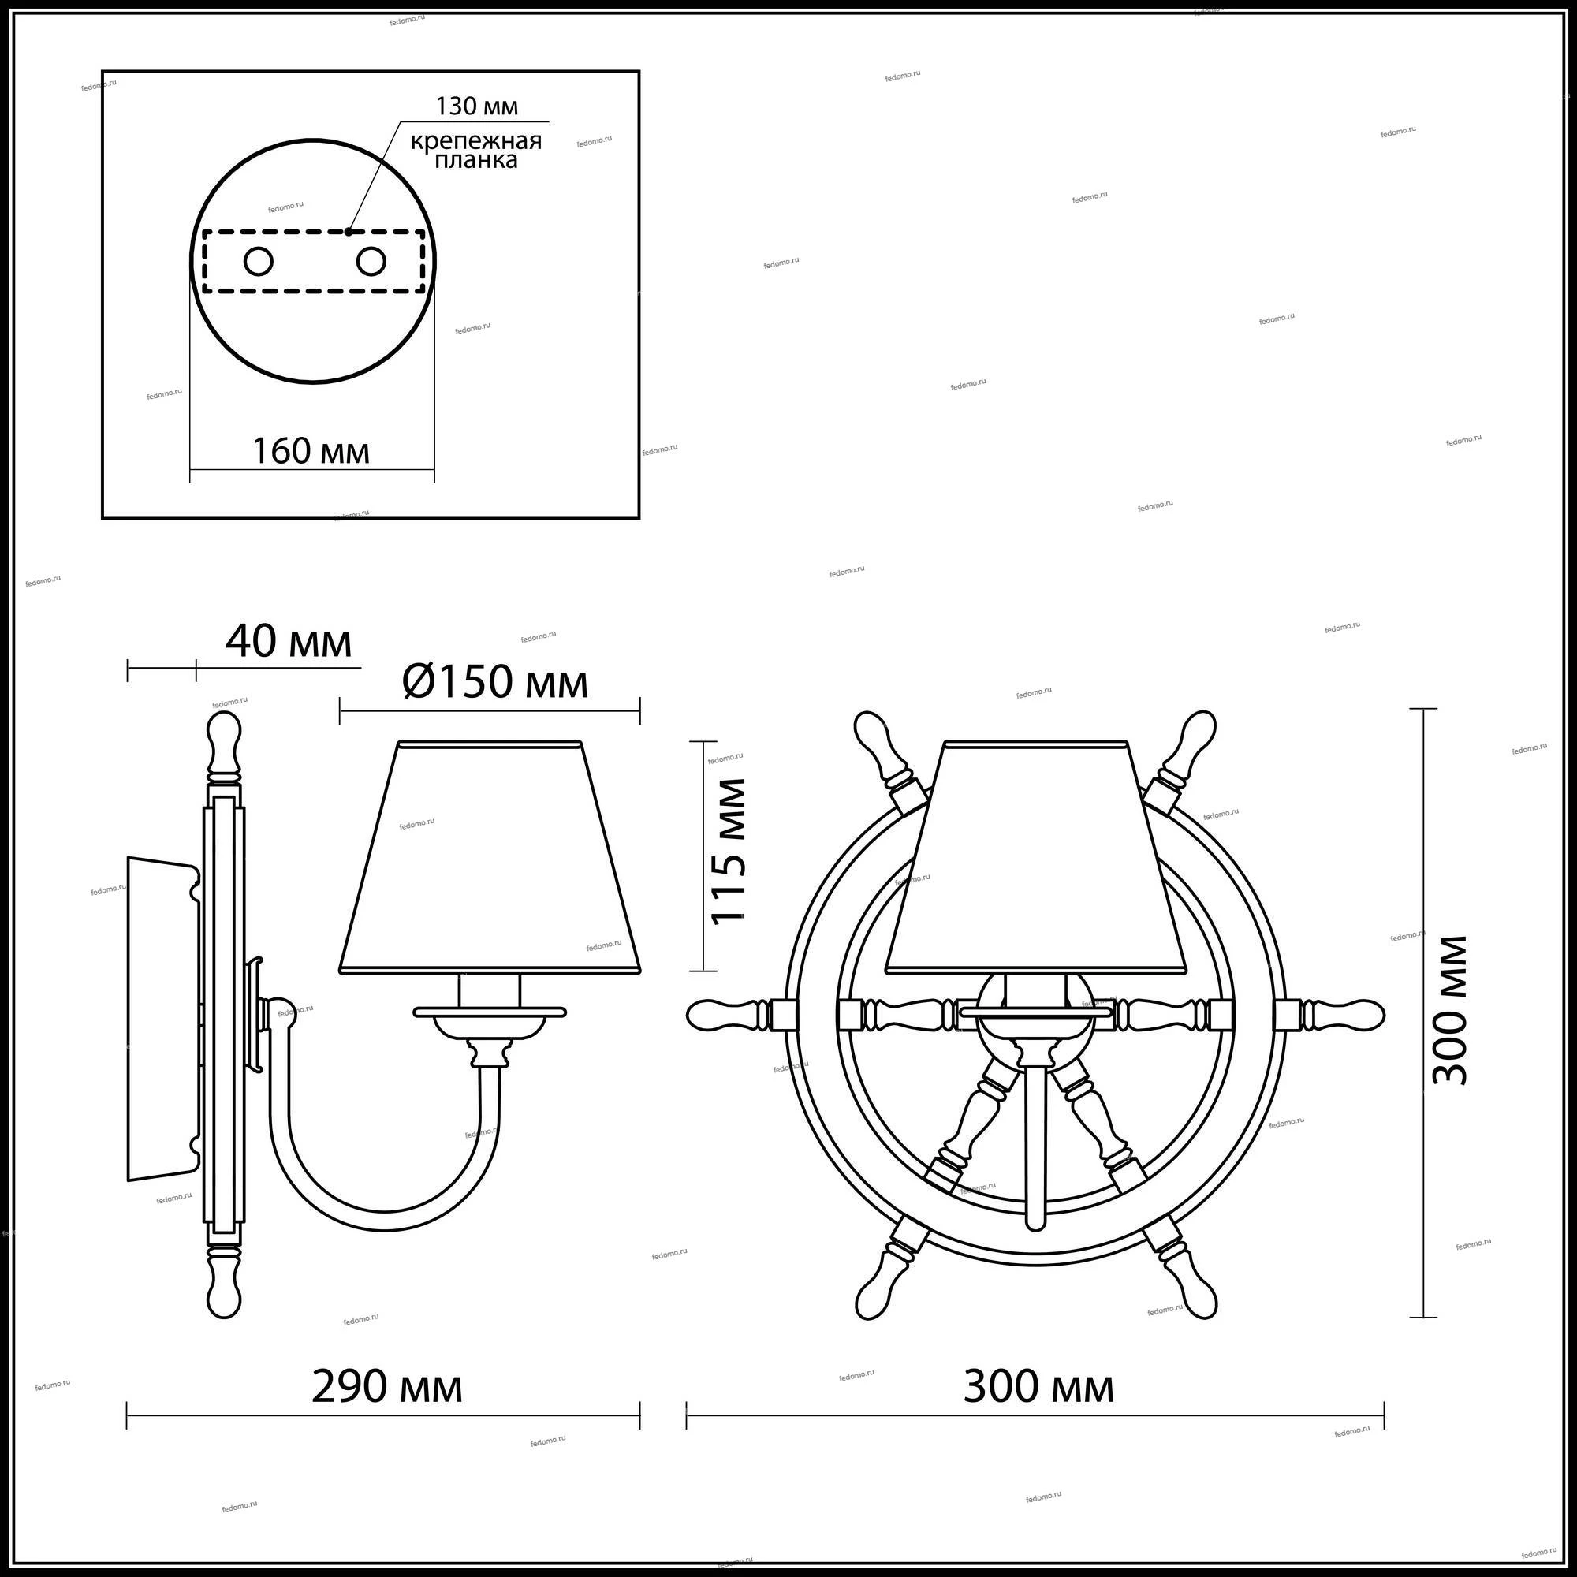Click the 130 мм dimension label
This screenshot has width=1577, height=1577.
(x=477, y=106)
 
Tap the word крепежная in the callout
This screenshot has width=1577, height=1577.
(x=476, y=140)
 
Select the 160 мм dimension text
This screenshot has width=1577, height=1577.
(x=311, y=450)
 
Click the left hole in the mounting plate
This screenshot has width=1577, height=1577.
(x=259, y=262)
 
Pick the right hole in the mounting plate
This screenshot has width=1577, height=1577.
(x=371, y=262)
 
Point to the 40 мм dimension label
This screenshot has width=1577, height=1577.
(x=289, y=642)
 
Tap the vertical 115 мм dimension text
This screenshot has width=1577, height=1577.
(x=728, y=851)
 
